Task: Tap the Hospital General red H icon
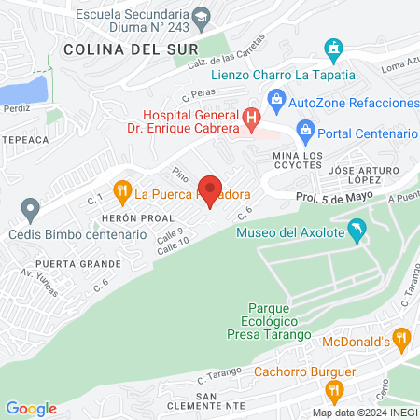(x=250, y=119)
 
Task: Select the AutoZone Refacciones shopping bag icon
(x=276, y=98)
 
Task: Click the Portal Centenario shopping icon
(x=304, y=128)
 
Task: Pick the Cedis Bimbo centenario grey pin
(x=31, y=210)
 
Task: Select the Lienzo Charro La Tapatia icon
(x=334, y=49)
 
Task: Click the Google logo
(x=31, y=408)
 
